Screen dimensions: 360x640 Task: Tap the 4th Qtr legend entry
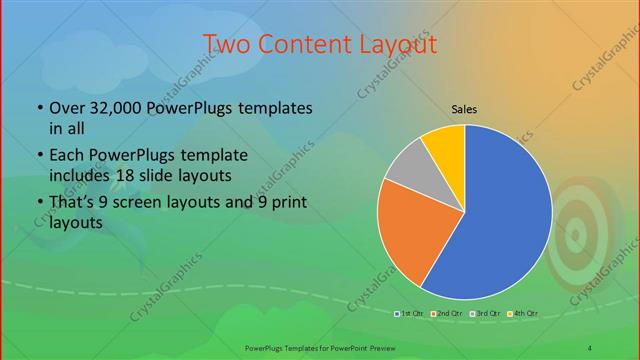(523, 314)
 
